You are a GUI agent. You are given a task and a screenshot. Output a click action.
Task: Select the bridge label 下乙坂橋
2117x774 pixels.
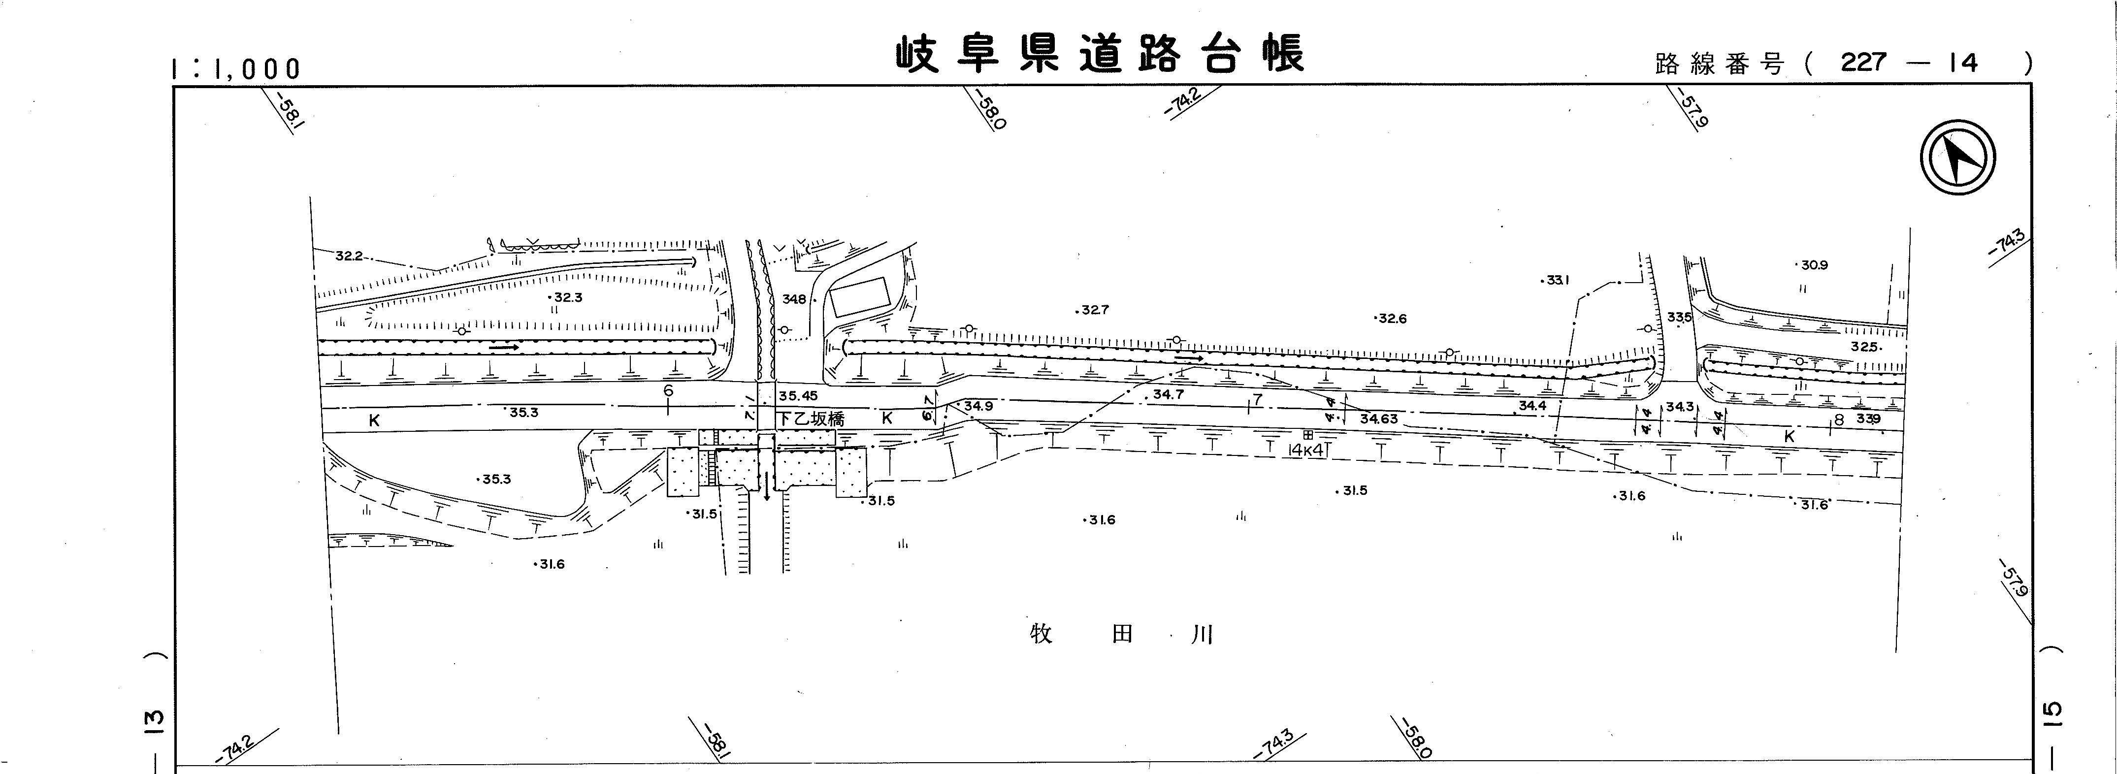coord(811,418)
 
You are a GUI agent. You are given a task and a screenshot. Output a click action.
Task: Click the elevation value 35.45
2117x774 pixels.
coord(798,396)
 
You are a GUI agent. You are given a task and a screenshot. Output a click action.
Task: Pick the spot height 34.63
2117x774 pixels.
coord(1378,419)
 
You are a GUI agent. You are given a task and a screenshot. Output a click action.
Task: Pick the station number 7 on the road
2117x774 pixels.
coord(1257,400)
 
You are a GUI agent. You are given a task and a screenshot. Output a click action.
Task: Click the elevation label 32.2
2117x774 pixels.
coord(349,257)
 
